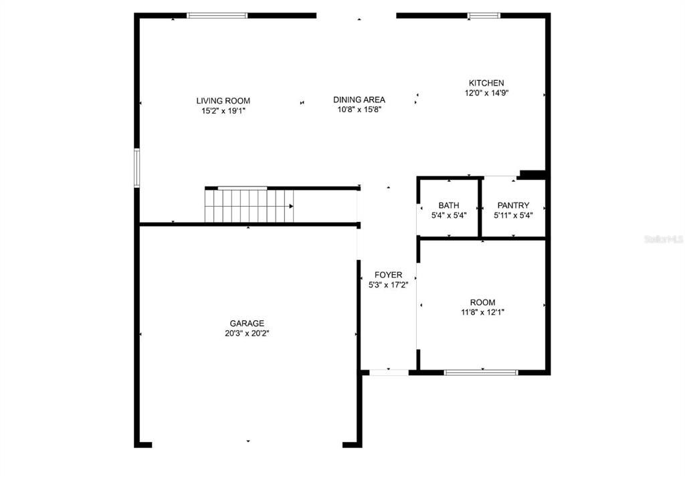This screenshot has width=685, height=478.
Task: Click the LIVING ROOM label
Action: point(223,101)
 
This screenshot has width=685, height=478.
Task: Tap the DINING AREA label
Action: point(359,100)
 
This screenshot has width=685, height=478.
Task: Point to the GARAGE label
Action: point(248,323)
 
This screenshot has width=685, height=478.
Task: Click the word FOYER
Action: point(388,275)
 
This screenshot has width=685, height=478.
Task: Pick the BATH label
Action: point(449,205)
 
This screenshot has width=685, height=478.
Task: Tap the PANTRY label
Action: point(513,205)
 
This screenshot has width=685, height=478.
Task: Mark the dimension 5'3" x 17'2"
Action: point(388,285)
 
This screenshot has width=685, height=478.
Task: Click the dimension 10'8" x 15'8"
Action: point(359,110)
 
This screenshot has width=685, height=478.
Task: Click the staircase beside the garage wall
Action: point(249,205)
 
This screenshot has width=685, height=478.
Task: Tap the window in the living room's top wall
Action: point(217,15)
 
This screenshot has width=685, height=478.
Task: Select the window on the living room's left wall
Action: point(137,168)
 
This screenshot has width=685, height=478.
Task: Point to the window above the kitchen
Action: point(484,15)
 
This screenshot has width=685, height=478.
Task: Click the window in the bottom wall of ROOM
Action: point(481,372)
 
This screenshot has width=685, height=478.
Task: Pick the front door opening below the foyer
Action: point(389,372)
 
